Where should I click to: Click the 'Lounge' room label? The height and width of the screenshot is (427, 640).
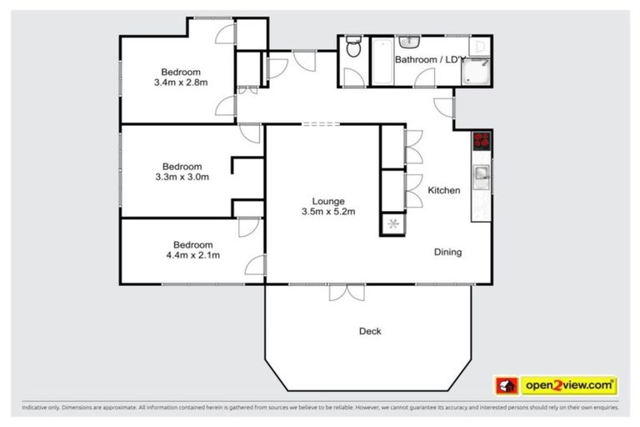[x=328, y=201]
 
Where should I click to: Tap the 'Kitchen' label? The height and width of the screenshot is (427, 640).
[x=443, y=191]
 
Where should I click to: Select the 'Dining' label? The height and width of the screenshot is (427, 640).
[x=447, y=252]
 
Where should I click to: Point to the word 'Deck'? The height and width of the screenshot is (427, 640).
[x=370, y=331]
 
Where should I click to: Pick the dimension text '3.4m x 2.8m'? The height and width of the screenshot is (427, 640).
[x=180, y=83]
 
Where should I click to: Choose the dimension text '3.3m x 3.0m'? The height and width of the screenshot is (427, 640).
[x=182, y=177]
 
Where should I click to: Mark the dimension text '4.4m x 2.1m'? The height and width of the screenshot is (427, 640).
[x=192, y=255]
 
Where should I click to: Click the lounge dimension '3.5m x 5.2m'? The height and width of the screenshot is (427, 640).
[x=328, y=212]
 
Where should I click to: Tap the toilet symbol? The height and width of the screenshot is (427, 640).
[x=353, y=47]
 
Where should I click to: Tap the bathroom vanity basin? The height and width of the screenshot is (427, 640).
[x=409, y=42]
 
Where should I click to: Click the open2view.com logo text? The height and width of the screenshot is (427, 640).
[x=568, y=385]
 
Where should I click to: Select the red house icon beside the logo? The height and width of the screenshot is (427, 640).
[x=507, y=385]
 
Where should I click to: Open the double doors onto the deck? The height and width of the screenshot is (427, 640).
[x=346, y=292]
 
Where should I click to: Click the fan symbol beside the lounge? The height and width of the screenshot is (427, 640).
[x=392, y=224]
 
